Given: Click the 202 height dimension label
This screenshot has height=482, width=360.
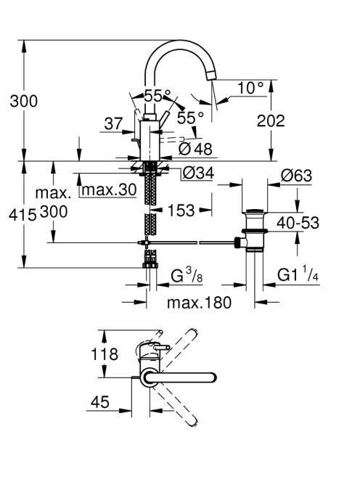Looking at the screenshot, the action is [x=271, y=120].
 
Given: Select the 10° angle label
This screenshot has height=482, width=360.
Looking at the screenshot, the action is [x=251, y=88].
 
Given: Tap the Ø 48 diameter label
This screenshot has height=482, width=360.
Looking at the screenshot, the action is [x=195, y=149].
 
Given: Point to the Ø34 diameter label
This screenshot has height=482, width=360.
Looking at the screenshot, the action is [x=198, y=173].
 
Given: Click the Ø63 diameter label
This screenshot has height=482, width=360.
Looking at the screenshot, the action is [x=296, y=176].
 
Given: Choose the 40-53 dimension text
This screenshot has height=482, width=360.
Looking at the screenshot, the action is [x=298, y=223].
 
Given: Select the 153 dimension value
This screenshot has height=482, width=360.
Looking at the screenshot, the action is [x=181, y=211].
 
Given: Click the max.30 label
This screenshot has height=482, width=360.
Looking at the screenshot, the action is [x=109, y=190].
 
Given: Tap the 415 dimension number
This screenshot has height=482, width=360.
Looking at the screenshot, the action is [x=22, y=215].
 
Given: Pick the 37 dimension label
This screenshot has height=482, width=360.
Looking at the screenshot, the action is [x=113, y=123].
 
